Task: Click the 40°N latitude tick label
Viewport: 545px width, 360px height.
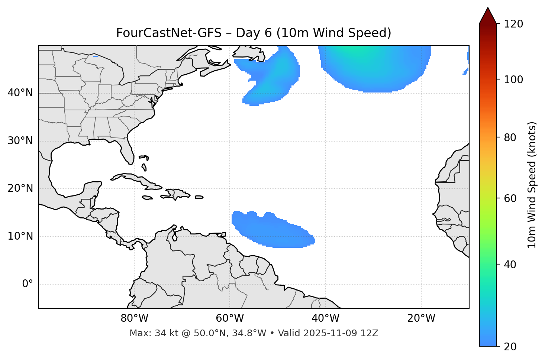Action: (20, 93)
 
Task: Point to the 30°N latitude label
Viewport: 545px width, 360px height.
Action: (20, 141)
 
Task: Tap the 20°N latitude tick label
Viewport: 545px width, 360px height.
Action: (20, 188)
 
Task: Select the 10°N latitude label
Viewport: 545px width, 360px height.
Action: (20, 236)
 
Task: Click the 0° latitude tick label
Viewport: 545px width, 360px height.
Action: (28, 284)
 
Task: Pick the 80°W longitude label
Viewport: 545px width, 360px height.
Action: (134, 318)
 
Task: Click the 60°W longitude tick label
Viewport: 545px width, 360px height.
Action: (230, 318)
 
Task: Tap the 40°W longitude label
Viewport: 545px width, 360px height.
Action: (325, 318)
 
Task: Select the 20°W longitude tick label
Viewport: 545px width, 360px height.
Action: (421, 318)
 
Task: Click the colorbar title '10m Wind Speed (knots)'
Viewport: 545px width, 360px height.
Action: (532, 185)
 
